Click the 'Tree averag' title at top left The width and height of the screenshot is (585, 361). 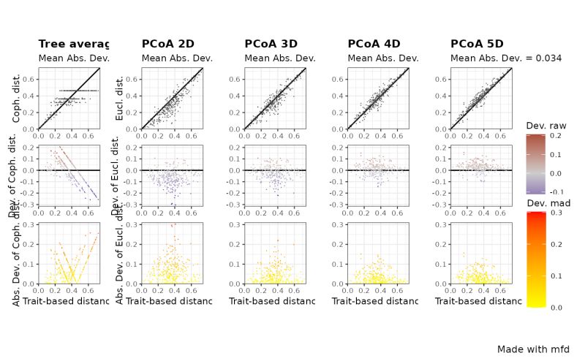(73, 44)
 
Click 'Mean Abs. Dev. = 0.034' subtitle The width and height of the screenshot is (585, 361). (506, 58)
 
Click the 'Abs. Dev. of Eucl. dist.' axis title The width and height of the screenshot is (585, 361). (120, 252)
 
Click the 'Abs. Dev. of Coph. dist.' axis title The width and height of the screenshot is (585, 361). (17, 252)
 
